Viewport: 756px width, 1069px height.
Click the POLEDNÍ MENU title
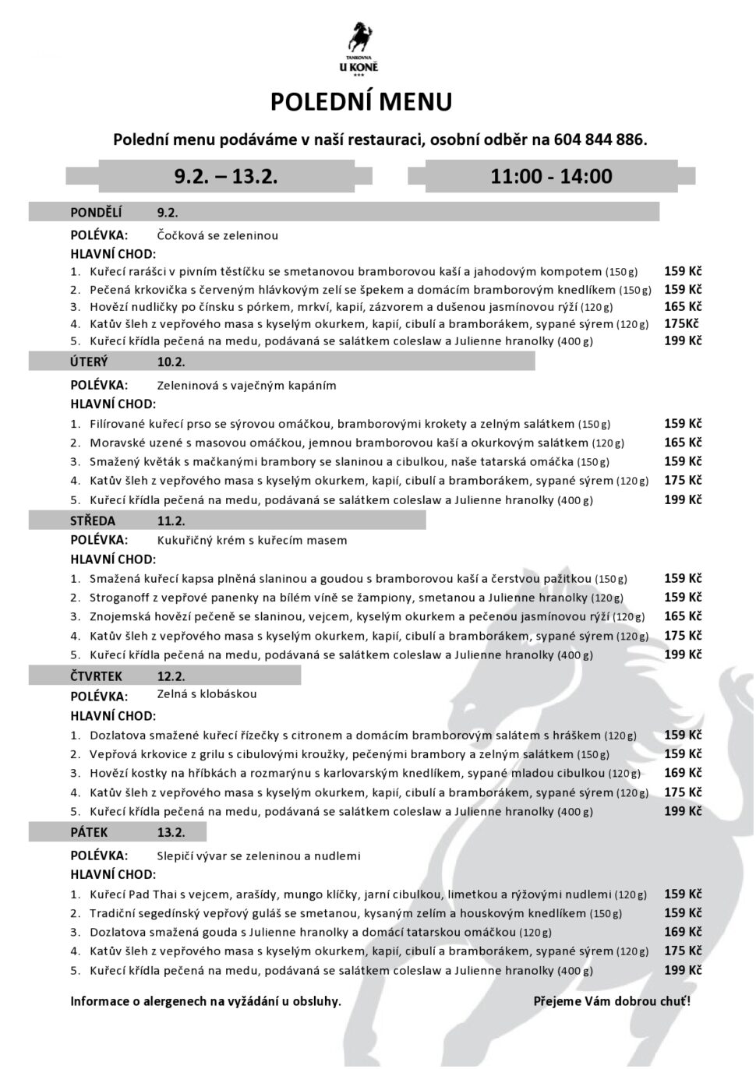tap(361, 102)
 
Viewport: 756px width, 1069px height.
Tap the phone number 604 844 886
tap(599, 140)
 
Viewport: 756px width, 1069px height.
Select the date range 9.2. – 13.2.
tap(226, 176)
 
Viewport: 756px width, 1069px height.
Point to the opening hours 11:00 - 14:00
tap(551, 176)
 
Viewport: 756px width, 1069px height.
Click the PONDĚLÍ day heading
tap(97, 212)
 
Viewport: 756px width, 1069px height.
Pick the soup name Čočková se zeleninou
tap(217, 235)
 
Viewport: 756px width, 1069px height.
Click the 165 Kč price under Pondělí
tap(683, 306)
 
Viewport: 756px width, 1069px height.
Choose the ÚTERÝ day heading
tap(90, 362)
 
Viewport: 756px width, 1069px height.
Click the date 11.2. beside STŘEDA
tap(171, 521)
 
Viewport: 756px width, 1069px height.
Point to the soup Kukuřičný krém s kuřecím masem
tap(252, 540)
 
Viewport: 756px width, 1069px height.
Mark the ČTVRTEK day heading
tap(97, 676)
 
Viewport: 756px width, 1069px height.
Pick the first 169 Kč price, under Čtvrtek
tap(683, 773)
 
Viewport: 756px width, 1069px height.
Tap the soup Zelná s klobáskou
tap(207, 694)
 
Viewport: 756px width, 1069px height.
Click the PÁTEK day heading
tap(90, 832)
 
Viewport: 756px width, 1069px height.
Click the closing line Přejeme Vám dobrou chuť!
tap(612, 1001)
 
